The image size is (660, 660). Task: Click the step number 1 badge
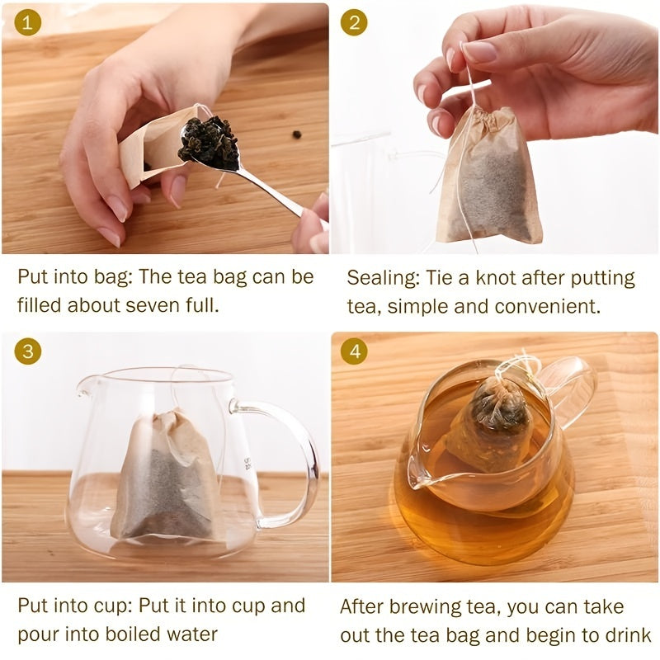tap(28, 24)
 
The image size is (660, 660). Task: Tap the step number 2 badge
tap(355, 24)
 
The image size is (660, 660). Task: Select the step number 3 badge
tap(28, 352)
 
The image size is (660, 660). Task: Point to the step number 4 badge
tap(355, 352)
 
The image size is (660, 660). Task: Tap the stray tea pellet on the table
tap(295, 134)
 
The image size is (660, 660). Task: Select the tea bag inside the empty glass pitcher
tap(165, 478)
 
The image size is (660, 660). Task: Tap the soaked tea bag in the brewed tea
tap(495, 421)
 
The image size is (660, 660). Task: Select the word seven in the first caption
tap(155, 304)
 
